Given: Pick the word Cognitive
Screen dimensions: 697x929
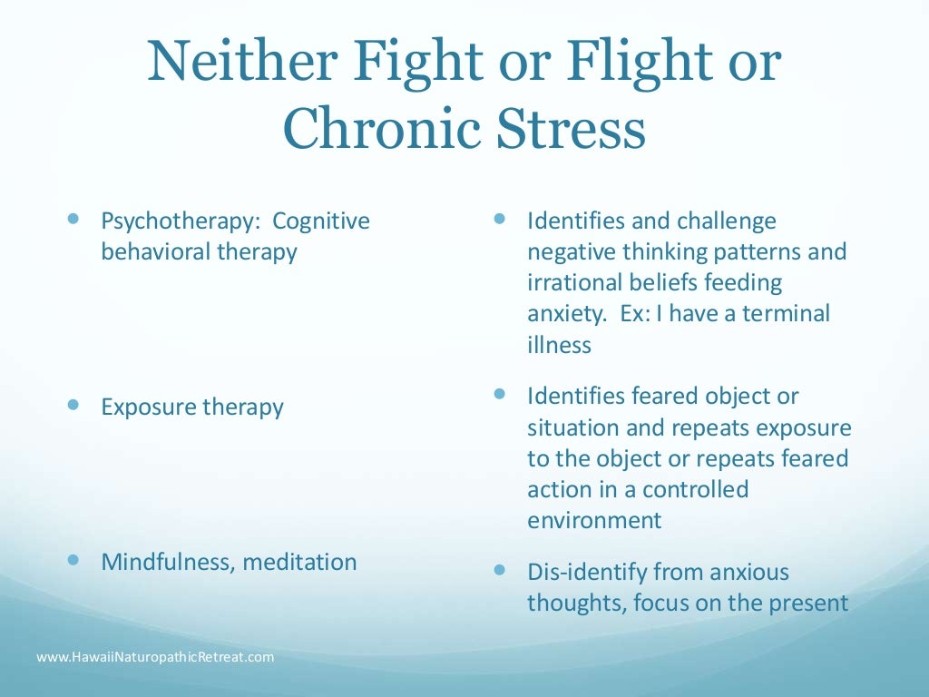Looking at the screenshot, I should coord(321,221).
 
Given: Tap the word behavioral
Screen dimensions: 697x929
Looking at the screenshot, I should coord(156,251).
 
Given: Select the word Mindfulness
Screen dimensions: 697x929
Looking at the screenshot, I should coord(169,562).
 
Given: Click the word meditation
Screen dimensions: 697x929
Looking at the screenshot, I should coord(300,562).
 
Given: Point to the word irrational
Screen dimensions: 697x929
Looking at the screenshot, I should coord(569,282).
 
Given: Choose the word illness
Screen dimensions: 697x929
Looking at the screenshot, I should coord(559,345).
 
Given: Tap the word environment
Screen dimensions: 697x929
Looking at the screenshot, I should coord(593,520).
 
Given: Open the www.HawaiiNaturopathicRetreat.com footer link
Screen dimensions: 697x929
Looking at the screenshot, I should coord(155,656).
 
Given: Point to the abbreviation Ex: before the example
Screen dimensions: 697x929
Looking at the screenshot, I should coord(635,314).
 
